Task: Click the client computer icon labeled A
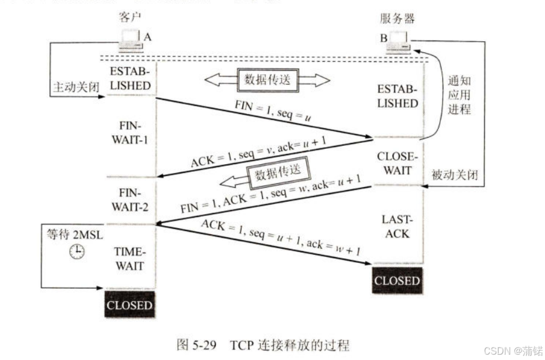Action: point(131,41)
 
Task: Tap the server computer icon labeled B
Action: point(399,42)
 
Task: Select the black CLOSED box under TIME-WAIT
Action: point(129,305)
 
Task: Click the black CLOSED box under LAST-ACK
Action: point(397,281)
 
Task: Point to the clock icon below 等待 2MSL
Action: point(77,251)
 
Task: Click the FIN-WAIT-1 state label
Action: point(130,132)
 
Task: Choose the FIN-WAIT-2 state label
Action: point(130,199)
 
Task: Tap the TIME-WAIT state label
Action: point(130,258)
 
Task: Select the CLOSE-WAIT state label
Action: point(397,163)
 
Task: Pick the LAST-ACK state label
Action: point(397,226)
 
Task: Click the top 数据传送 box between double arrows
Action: point(268,79)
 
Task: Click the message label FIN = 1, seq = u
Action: point(273,111)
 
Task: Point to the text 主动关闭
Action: point(76,86)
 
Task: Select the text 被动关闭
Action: point(455,174)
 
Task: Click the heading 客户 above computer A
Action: point(130,16)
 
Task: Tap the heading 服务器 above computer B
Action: point(397,18)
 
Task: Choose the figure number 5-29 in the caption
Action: point(205,345)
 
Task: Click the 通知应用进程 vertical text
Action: point(459,95)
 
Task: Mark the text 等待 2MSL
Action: point(75,235)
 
